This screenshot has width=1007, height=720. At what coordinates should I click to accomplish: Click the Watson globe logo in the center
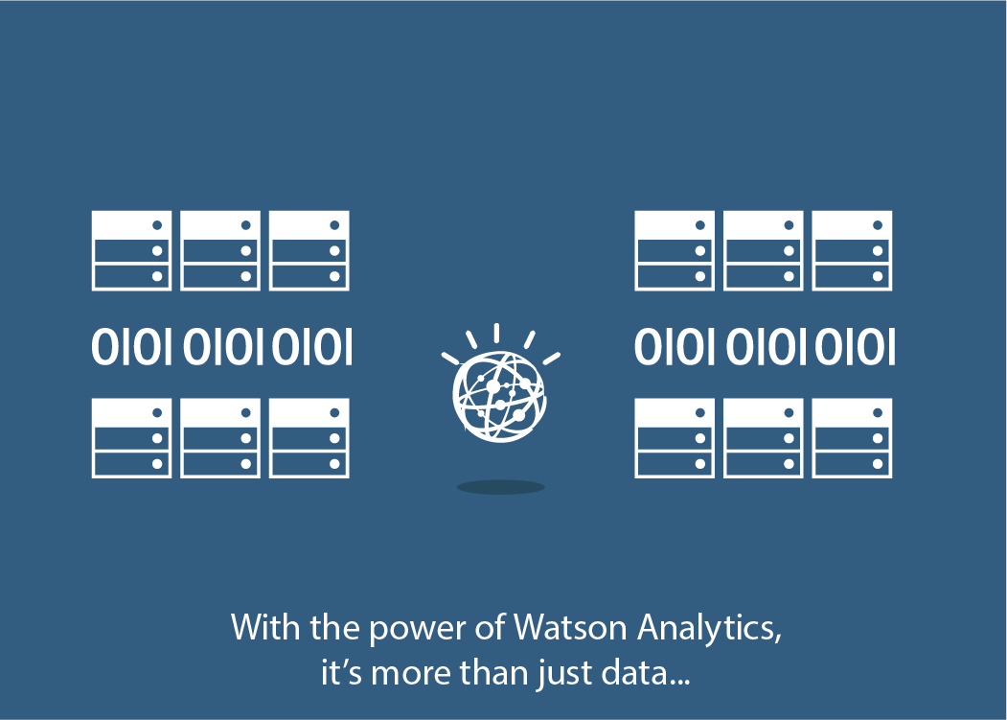pos(498,397)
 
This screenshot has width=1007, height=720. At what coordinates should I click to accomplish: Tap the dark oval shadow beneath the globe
pos(500,487)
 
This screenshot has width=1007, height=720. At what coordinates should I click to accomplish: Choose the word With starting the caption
pos(259,629)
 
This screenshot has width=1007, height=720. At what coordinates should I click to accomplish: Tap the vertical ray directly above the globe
pos(496,333)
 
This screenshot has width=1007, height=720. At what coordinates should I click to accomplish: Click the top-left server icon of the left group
pos(131,250)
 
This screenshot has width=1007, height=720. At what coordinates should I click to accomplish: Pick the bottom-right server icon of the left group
pos(309,438)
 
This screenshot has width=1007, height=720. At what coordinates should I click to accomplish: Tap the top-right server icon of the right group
pos(852,250)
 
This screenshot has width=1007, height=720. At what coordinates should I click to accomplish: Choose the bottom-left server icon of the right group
pos(675,438)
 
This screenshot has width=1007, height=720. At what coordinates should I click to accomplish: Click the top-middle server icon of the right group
pos(764,250)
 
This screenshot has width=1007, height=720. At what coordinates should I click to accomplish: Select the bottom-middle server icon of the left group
pos(220,438)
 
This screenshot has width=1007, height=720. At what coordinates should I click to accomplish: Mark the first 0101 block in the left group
pos(131,347)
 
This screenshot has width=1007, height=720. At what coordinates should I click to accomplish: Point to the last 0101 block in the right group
pos(855,347)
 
